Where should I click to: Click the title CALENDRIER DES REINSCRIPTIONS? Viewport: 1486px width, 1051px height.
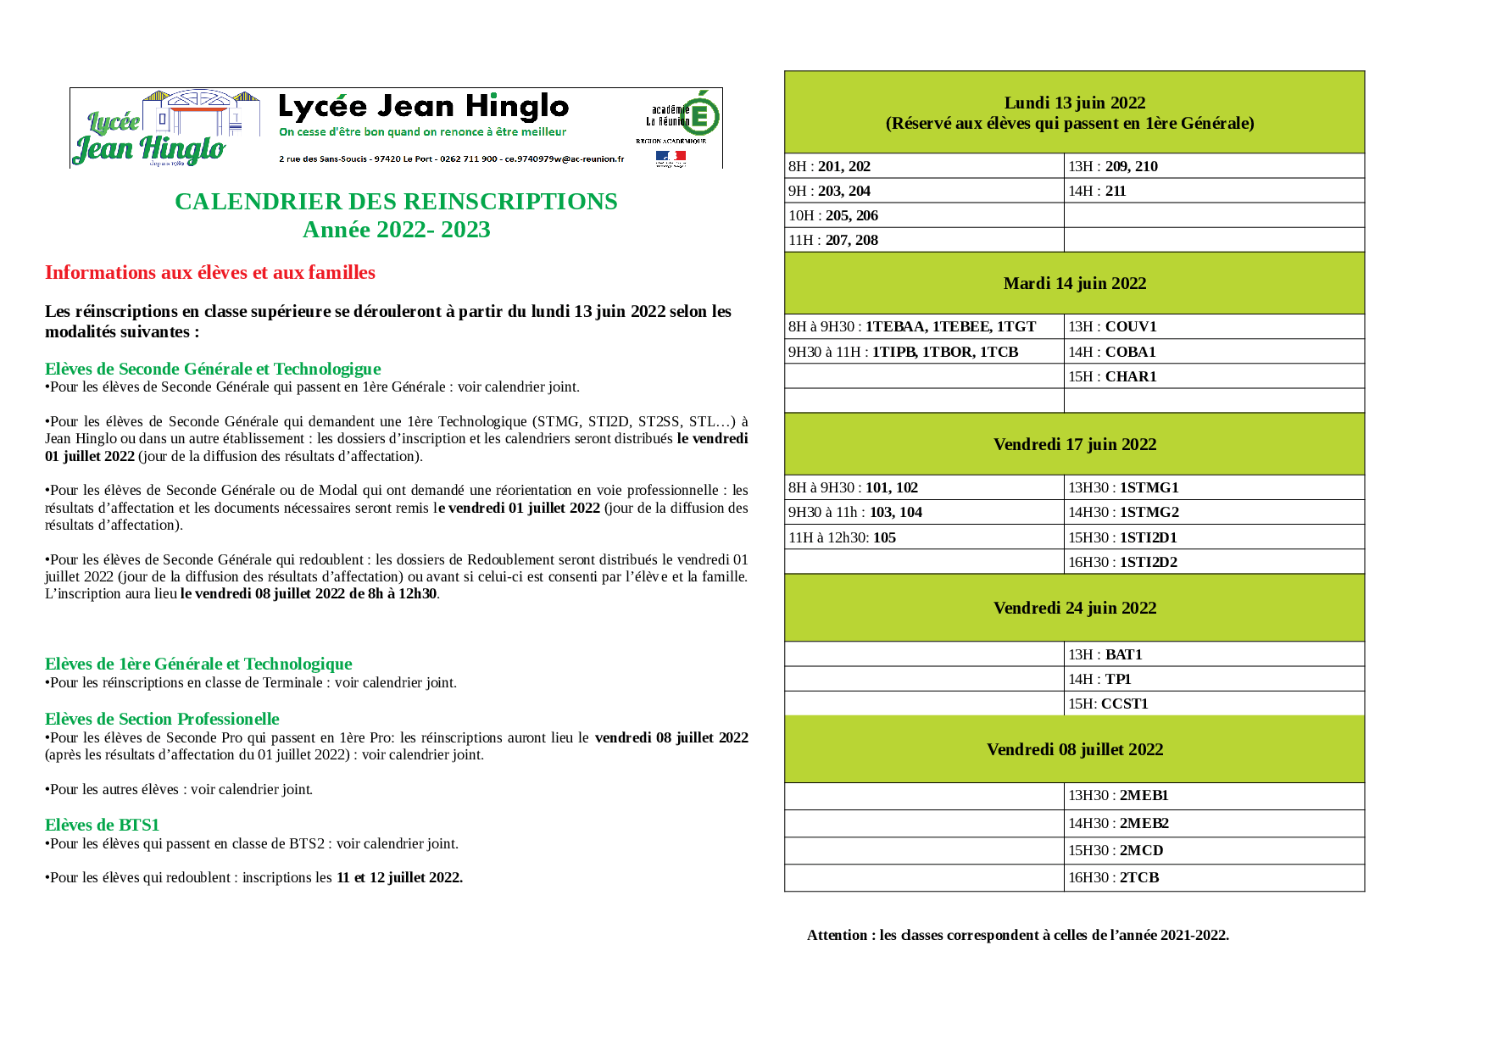tap(396, 202)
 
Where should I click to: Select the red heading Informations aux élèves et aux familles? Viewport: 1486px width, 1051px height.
tap(210, 272)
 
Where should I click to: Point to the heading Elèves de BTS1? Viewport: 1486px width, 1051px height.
tap(102, 825)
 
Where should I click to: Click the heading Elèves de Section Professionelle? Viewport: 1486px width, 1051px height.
tap(162, 719)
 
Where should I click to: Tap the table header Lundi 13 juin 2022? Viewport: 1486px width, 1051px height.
tap(1074, 103)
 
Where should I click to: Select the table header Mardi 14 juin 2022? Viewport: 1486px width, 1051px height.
tap(1074, 283)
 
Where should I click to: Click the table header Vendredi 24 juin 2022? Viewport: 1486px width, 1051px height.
tap(1074, 608)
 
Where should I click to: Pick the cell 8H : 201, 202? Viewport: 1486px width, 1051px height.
tap(830, 166)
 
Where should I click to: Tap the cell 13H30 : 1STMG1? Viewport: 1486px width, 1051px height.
tap(1123, 487)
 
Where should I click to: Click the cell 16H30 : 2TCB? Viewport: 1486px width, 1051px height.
tap(1113, 877)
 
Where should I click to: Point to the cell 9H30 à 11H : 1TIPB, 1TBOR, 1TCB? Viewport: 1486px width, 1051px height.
tap(903, 352)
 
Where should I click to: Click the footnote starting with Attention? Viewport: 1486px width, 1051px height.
tap(1017, 935)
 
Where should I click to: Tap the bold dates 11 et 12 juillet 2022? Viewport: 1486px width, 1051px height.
tap(399, 877)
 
